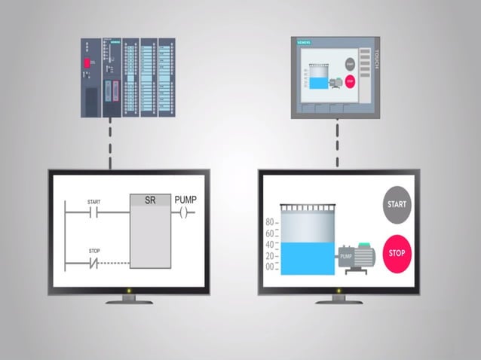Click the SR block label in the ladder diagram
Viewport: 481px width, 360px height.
(x=149, y=200)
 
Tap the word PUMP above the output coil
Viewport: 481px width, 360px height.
(x=185, y=200)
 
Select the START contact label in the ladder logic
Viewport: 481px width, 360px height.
(x=94, y=202)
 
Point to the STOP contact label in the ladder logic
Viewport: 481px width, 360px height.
(x=94, y=250)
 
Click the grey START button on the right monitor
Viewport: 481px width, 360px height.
(x=397, y=204)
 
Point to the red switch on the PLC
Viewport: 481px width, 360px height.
(x=87, y=63)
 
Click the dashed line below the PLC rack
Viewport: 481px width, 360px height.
(x=110, y=143)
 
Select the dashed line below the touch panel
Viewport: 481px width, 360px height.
(x=337, y=143)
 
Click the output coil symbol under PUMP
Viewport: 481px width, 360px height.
(x=185, y=213)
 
